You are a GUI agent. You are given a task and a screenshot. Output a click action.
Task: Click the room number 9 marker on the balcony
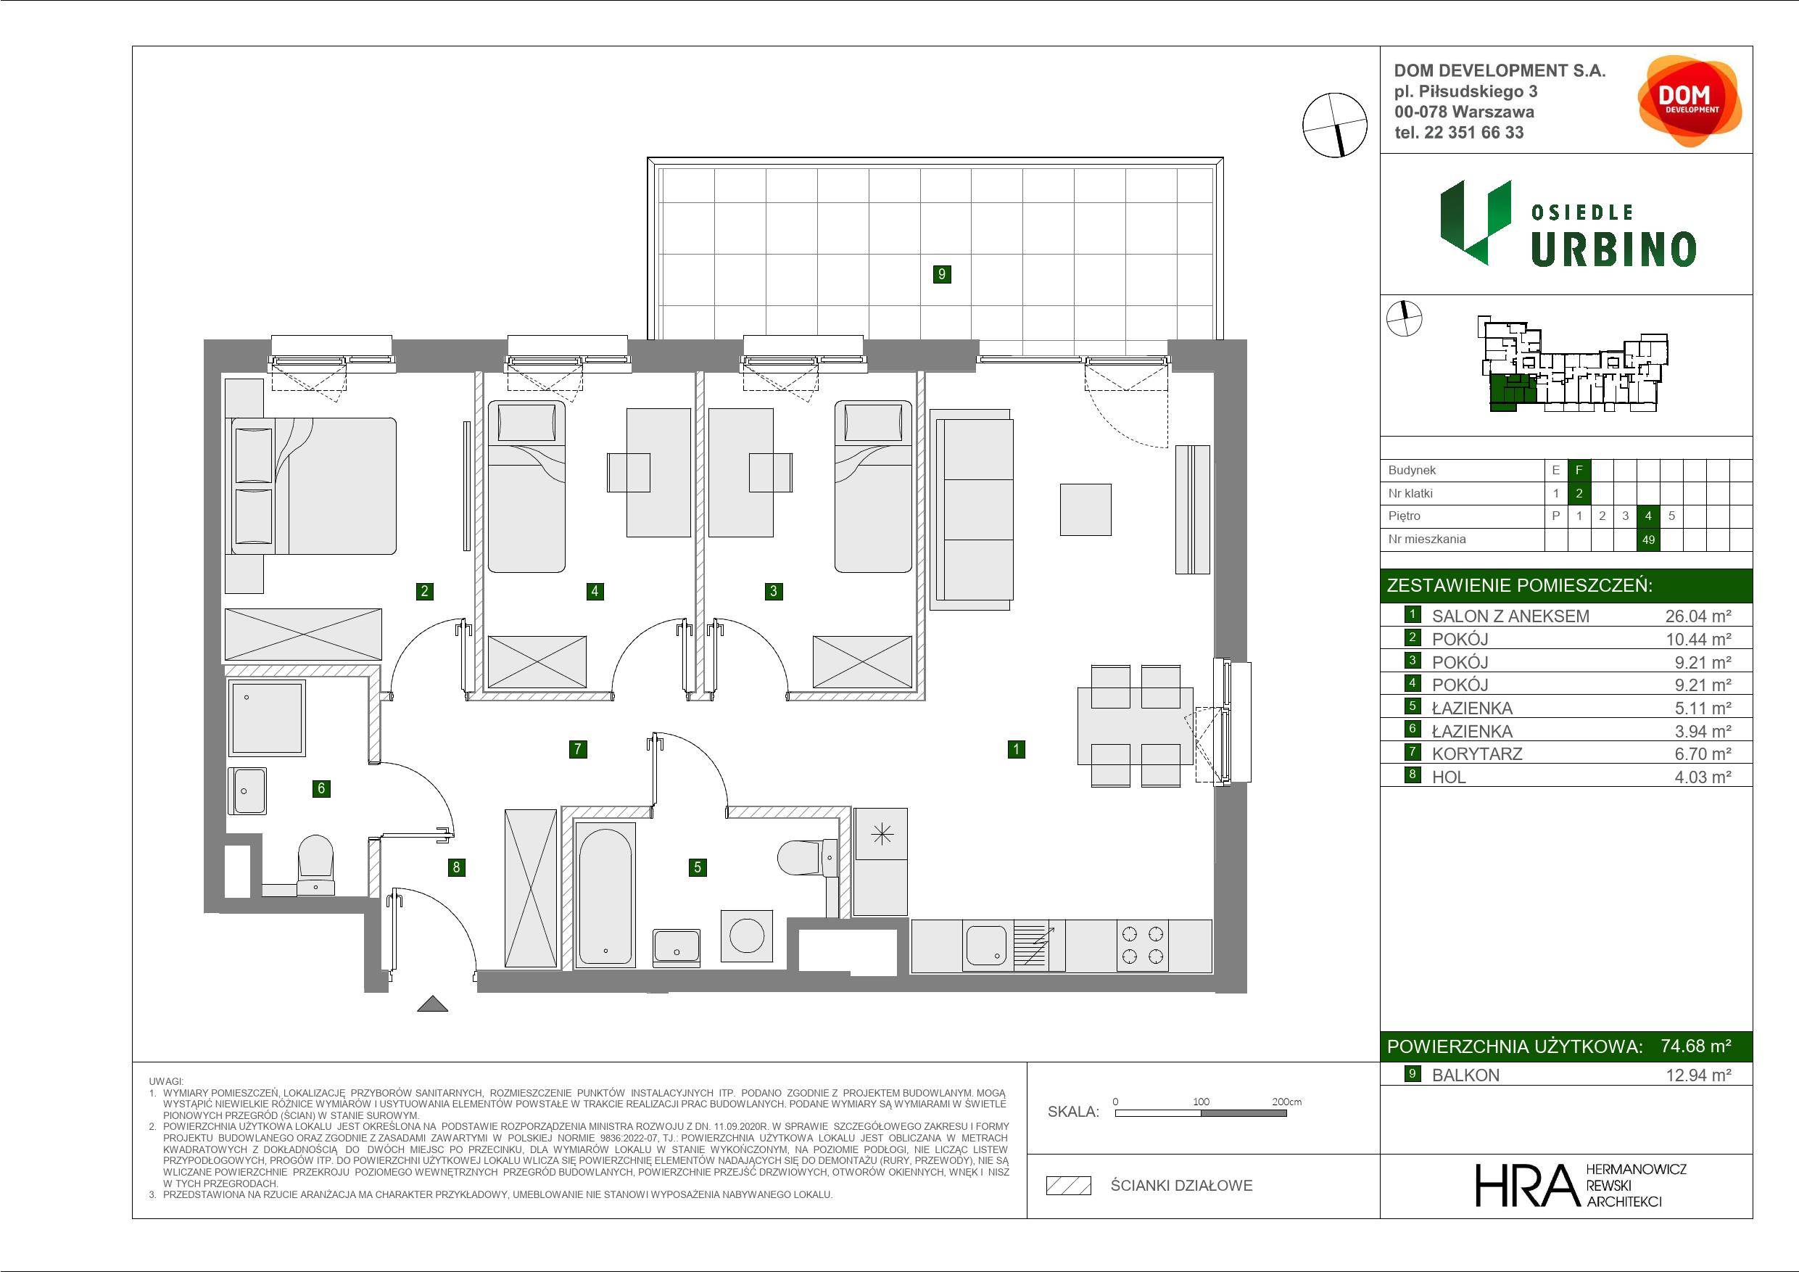pyautogui.click(x=942, y=274)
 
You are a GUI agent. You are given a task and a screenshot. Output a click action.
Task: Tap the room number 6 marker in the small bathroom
pyautogui.click(x=321, y=788)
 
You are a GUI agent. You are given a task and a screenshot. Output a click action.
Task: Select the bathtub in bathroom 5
pyautogui.click(x=604, y=893)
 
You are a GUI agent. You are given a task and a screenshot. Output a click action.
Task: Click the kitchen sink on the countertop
pyautogui.click(x=986, y=945)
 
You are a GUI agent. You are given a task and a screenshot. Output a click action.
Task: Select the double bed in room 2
pyautogui.click(x=311, y=486)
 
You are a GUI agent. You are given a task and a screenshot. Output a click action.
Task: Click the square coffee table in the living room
pyautogui.click(x=1085, y=509)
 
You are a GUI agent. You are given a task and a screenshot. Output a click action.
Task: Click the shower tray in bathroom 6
pyautogui.click(x=266, y=719)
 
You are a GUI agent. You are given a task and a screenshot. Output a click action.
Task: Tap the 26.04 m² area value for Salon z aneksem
pyautogui.click(x=1698, y=616)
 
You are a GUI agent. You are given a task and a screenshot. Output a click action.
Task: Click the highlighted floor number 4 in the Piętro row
pyautogui.click(x=1649, y=516)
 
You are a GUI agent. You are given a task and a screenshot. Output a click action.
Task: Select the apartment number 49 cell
pyautogui.click(x=1649, y=540)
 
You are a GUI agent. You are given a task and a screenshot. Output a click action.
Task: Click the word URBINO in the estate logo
pyautogui.click(x=1613, y=249)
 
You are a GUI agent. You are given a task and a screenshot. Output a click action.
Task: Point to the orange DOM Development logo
pyautogui.click(x=1690, y=101)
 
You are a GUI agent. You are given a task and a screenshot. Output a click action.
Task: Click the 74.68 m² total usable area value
pyautogui.click(x=1696, y=1046)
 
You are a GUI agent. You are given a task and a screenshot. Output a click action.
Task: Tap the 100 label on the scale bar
pyautogui.click(x=1202, y=1101)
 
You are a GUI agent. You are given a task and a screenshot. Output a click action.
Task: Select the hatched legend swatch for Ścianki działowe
pyautogui.click(x=1069, y=1185)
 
